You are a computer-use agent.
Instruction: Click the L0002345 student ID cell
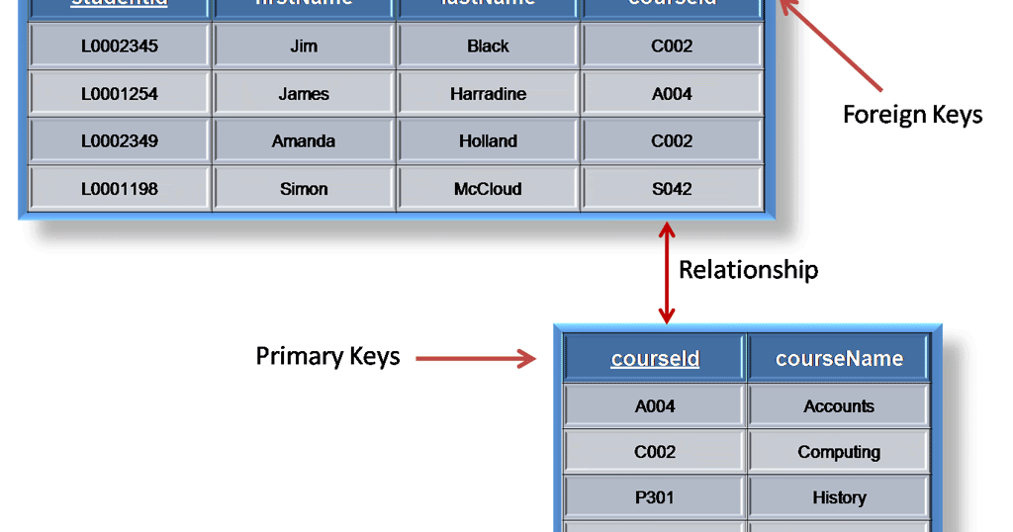(120, 46)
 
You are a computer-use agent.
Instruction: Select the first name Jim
(304, 46)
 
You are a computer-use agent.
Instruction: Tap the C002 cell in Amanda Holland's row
(672, 141)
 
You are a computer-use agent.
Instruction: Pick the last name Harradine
(488, 94)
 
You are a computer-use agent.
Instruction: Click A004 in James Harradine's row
(672, 94)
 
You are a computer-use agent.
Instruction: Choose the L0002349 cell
(120, 141)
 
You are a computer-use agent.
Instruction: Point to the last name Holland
(488, 141)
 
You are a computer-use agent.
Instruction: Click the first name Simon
(304, 189)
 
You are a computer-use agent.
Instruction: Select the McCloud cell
(488, 189)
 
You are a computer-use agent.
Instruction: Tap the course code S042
(672, 189)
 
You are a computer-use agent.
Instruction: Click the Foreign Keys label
(912, 115)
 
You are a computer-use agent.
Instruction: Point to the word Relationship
(748, 269)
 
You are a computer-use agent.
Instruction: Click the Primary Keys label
(327, 356)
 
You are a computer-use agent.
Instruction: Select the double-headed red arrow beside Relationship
(667, 272)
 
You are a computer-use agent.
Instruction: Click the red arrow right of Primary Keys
(475, 359)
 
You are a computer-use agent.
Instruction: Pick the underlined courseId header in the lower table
(655, 358)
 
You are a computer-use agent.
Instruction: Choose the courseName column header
(839, 358)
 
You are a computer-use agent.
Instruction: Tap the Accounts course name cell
(839, 406)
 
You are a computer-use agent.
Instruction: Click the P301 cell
(655, 497)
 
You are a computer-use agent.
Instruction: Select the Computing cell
(839, 452)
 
